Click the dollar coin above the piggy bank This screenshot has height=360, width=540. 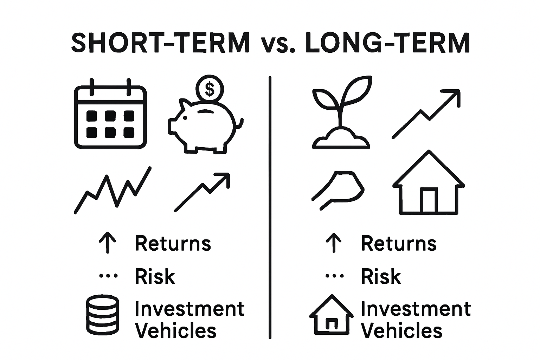(x=210, y=88)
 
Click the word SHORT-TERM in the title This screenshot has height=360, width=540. (x=161, y=43)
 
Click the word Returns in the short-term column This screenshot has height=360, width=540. (x=173, y=243)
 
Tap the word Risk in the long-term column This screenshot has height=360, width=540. (x=381, y=276)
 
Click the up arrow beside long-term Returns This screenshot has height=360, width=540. (x=334, y=243)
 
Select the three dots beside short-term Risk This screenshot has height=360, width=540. (x=108, y=276)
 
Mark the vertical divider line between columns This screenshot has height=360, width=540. (x=270, y=207)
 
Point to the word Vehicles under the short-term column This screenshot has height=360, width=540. (x=176, y=331)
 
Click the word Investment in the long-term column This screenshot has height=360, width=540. (x=416, y=309)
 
